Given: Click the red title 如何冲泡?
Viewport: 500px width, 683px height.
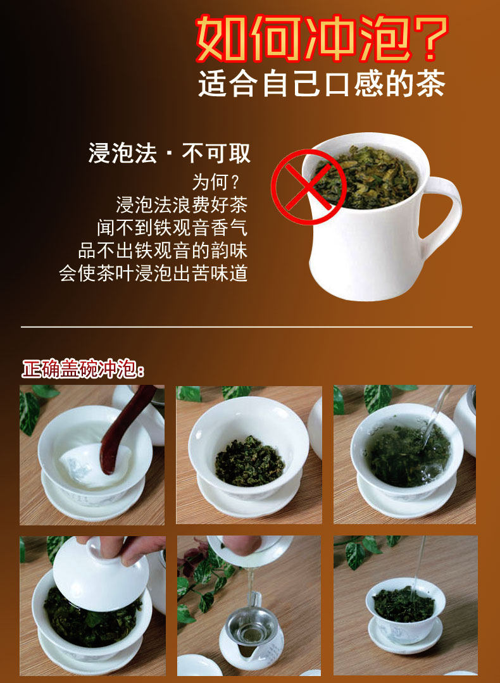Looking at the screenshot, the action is (322, 39).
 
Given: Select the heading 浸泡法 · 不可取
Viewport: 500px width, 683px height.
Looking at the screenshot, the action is (170, 153).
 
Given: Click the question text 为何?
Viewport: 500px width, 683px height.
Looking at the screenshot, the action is (216, 182).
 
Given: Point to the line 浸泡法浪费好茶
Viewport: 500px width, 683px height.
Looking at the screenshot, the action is (182, 204).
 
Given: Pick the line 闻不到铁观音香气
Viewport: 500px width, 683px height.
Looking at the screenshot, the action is (172, 227).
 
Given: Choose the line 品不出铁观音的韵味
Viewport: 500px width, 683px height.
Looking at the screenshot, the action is (163, 251).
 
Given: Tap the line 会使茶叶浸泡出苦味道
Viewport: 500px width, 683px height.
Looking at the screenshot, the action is (153, 273).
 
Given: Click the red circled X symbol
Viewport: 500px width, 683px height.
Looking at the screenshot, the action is (308, 187).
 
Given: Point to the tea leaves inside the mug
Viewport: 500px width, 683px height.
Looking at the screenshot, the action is (366, 177).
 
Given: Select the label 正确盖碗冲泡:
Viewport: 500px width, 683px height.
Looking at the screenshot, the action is (83, 369).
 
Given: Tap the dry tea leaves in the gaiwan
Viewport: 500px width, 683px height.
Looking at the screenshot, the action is (249, 460).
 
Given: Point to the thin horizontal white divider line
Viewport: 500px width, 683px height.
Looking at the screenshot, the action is (246, 326).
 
